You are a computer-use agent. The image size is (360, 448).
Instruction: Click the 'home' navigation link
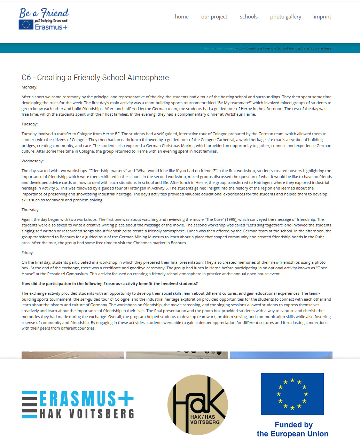coord(182,17)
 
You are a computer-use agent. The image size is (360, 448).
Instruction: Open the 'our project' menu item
coord(214,17)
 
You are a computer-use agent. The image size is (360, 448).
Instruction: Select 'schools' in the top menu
coord(249,17)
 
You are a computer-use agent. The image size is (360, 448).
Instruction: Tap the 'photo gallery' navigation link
coord(285,17)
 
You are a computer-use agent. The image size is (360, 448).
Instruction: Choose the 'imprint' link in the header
coord(322,17)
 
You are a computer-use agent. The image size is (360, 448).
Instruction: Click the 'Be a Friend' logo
coord(44,19)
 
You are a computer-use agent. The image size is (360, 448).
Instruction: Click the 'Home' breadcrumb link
coord(208,48)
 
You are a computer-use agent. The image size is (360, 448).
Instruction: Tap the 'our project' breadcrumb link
coord(225,48)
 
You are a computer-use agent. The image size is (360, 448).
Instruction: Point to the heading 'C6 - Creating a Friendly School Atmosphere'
coord(95,77)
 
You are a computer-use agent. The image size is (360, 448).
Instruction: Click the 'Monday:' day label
coord(29,87)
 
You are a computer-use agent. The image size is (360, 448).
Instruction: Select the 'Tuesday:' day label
coord(30,124)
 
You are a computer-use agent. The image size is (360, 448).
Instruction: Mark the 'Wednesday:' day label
coord(33,161)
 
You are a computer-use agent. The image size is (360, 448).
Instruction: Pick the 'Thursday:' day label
coord(31,210)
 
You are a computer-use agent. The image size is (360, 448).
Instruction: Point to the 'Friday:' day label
coord(28,253)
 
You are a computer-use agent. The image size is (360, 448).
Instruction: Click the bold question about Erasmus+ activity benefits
coord(110,284)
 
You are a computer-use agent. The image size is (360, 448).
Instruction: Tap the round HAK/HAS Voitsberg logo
coord(198,405)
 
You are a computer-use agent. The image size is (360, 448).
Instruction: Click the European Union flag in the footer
coord(292,394)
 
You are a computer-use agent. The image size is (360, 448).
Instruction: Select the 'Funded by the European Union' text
coord(293,429)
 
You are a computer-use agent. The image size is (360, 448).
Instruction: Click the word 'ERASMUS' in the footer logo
coord(78,399)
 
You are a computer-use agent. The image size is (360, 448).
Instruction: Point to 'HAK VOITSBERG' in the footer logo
coord(87,414)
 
